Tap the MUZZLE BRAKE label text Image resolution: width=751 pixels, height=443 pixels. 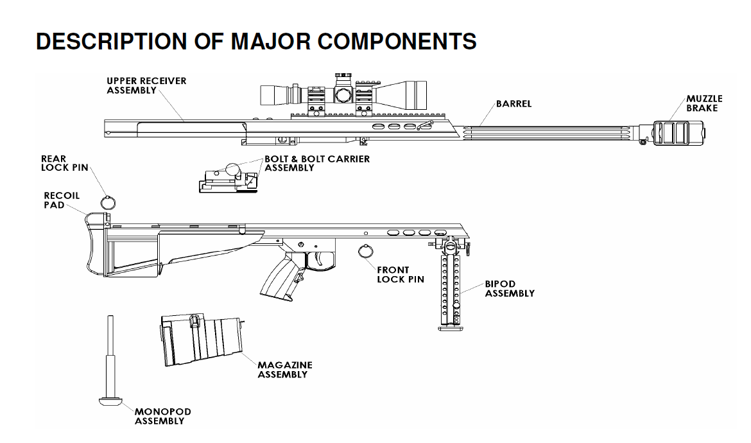(x=704, y=103)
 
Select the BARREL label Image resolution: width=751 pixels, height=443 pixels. (x=514, y=103)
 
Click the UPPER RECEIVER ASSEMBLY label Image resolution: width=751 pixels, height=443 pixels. (x=146, y=85)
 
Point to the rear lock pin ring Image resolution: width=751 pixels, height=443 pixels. (x=109, y=202)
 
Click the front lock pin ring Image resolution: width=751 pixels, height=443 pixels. (x=366, y=252)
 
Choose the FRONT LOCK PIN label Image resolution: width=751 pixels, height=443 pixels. (x=401, y=275)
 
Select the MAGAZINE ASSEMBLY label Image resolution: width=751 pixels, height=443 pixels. (x=285, y=369)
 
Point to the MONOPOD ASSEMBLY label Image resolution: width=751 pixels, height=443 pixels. (x=162, y=416)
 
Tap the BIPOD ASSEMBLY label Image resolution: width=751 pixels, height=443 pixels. (x=510, y=289)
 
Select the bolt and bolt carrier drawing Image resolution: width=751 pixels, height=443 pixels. (x=227, y=179)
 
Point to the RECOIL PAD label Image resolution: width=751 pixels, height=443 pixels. (x=62, y=200)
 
